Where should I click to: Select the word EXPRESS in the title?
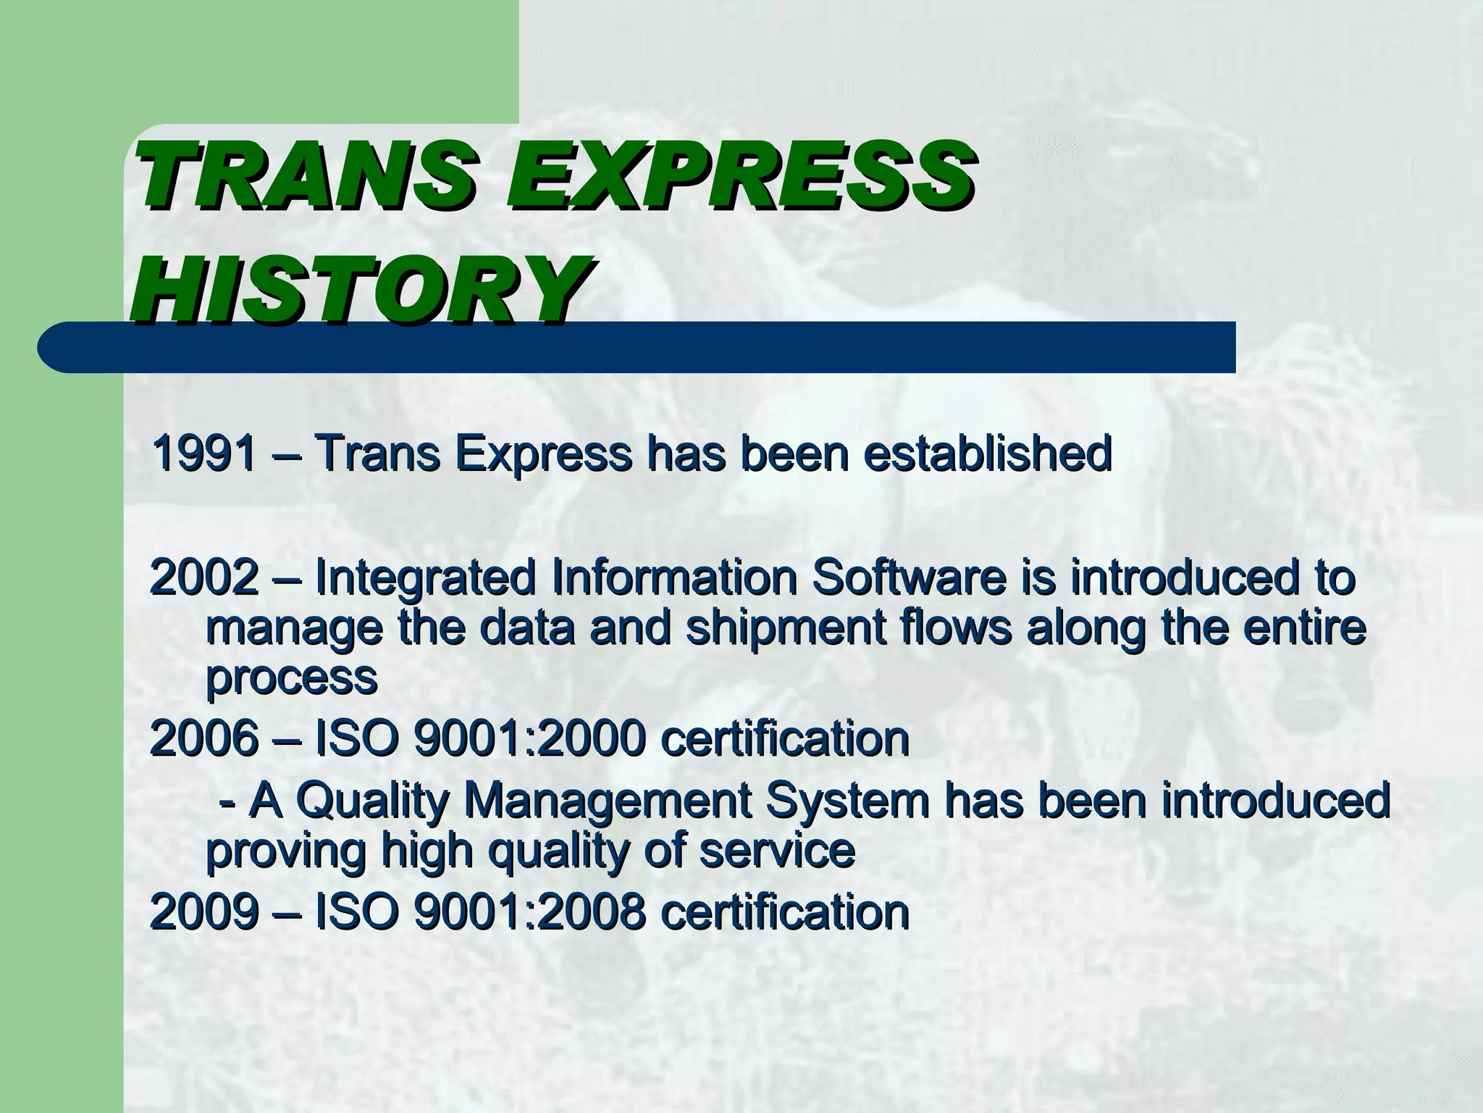tap(739, 174)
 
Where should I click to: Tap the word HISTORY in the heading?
tap(358, 288)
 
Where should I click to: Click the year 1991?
tap(204, 454)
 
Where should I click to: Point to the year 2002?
tap(204, 578)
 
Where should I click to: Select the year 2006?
tap(204, 738)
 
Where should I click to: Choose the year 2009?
tap(204, 911)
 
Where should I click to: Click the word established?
tap(988, 454)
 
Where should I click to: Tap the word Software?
tap(909, 578)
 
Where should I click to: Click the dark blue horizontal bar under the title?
tap(869, 349)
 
